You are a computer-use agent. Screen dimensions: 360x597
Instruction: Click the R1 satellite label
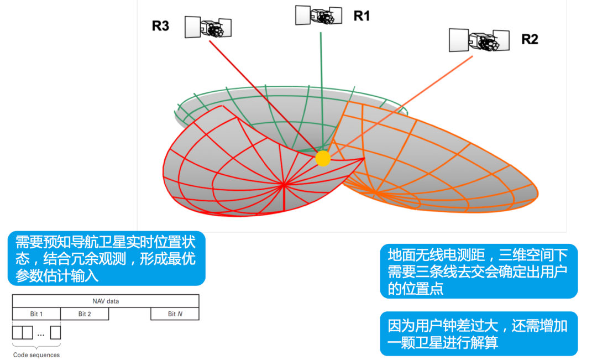click(x=362, y=16)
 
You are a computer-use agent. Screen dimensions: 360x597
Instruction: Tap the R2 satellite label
click(x=530, y=39)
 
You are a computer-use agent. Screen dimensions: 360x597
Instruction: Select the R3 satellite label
click(x=160, y=26)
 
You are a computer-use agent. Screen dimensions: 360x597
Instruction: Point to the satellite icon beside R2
click(x=478, y=40)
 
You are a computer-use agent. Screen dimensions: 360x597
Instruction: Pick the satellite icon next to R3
click(x=208, y=27)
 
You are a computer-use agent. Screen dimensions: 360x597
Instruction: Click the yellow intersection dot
click(x=323, y=159)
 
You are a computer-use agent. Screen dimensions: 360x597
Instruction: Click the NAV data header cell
click(x=106, y=301)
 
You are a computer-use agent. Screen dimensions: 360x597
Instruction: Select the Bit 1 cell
click(x=36, y=314)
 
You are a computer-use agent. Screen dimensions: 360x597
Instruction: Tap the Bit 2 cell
click(x=85, y=314)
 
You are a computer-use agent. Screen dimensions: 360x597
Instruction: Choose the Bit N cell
click(x=175, y=314)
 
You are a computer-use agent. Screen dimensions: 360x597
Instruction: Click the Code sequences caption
click(x=36, y=355)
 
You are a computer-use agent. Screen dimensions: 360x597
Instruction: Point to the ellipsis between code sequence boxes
click(x=41, y=333)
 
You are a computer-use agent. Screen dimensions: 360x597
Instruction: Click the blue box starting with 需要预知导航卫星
click(x=106, y=258)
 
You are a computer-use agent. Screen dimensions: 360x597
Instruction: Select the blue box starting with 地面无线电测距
click(x=478, y=271)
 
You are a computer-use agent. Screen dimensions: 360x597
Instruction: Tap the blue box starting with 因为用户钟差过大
click(x=478, y=334)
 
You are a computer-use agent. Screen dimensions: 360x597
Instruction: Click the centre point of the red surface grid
click(x=284, y=184)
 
